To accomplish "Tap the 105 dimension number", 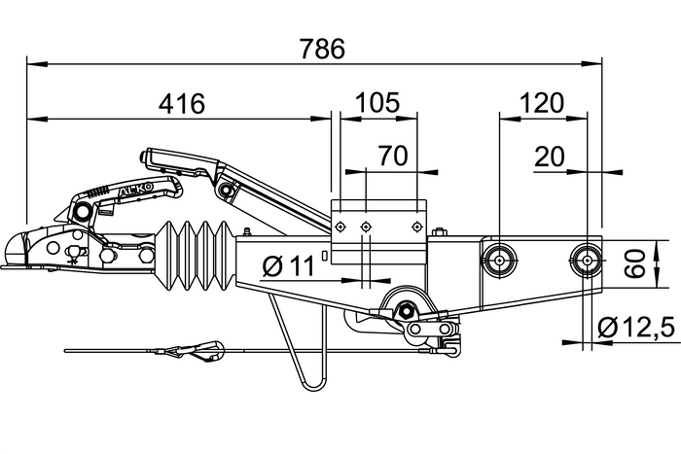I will (x=379, y=103).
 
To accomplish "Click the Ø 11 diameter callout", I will (x=289, y=265).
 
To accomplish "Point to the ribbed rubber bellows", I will (x=195, y=257).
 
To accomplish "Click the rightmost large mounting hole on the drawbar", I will (x=587, y=260).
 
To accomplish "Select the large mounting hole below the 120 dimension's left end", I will (x=499, y=259).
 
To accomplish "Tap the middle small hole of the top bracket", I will (x=367, y=227).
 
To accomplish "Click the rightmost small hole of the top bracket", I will (x=416, y=227).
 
